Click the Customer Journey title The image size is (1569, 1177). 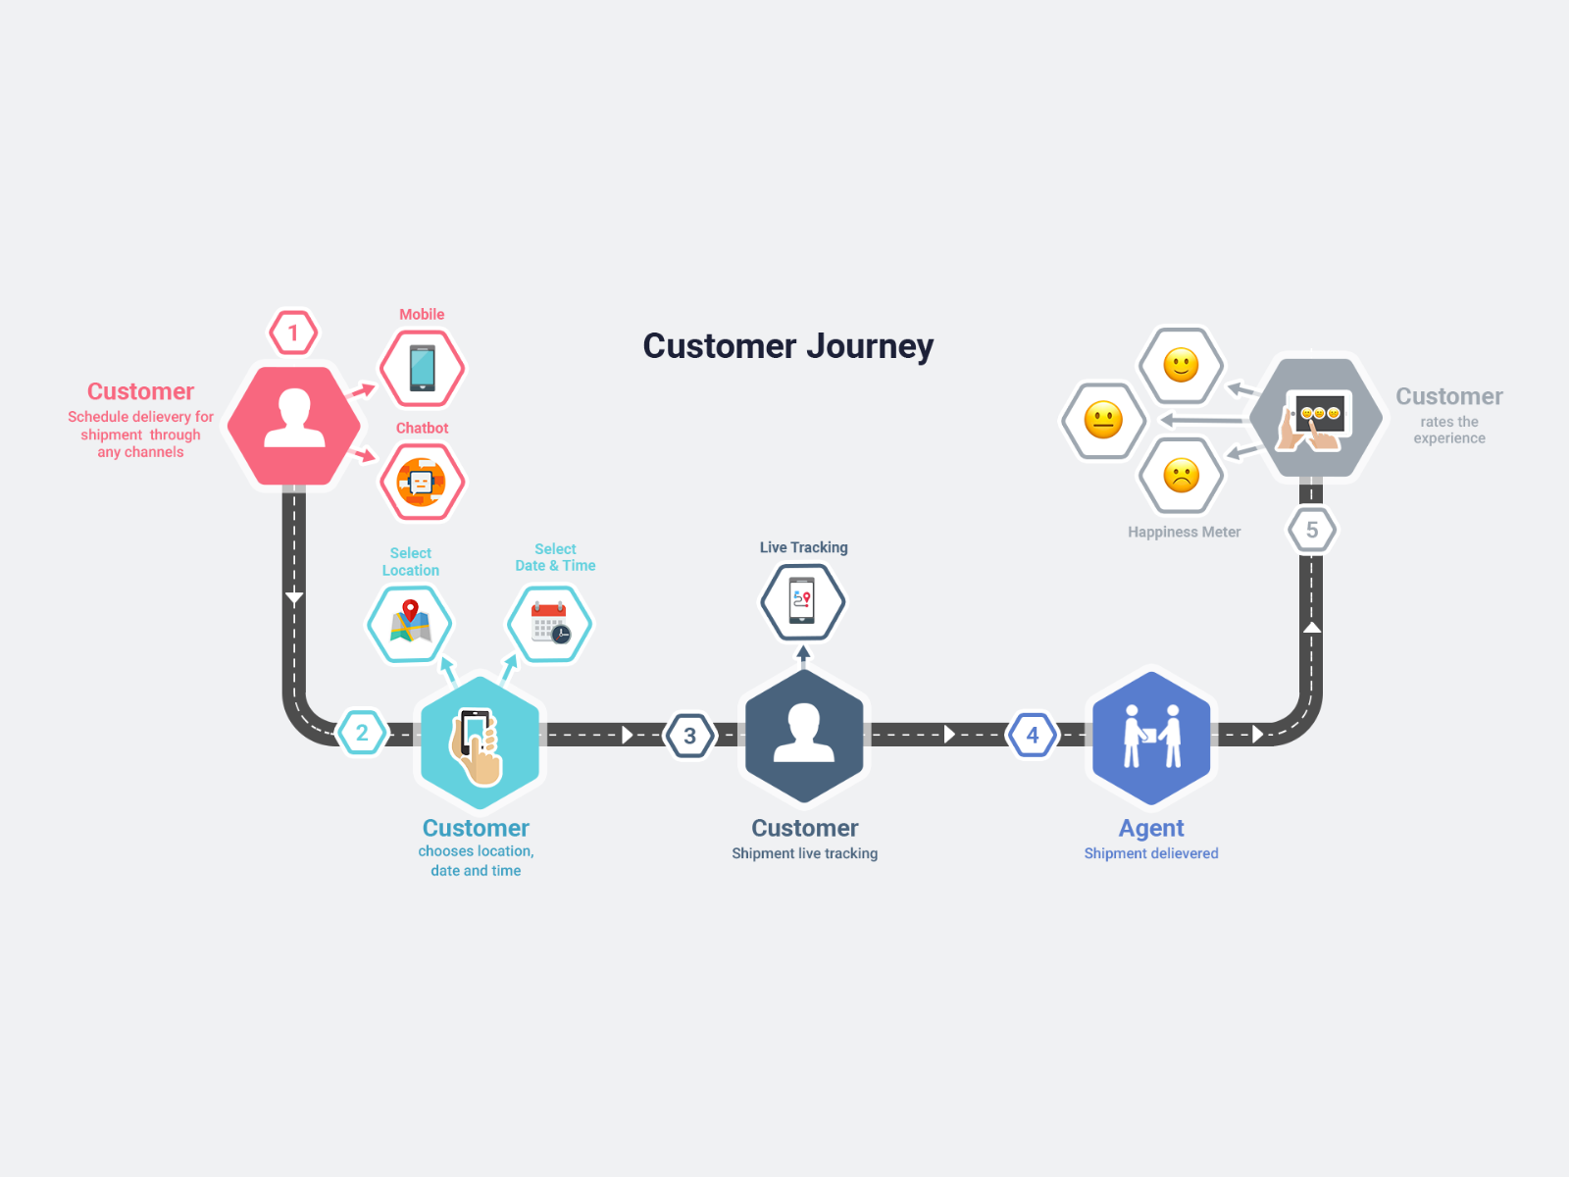787,346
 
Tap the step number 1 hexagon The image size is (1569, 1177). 293,333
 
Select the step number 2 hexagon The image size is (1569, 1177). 362,733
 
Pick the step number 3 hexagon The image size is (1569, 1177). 689,736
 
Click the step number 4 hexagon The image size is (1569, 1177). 1032,735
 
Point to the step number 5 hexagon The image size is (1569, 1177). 1311,531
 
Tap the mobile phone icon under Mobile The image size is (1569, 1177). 423,369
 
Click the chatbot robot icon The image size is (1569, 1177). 422,482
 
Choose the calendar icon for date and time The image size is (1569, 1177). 549,624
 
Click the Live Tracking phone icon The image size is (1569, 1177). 802,600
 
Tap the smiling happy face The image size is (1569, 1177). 1181,366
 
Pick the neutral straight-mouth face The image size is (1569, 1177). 1103,421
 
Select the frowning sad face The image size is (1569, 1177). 1181,477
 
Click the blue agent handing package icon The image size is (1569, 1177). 1151,737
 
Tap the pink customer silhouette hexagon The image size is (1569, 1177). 294,425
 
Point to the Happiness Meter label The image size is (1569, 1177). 1184,532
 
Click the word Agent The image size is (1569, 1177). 1151,829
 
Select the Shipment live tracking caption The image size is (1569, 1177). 804,853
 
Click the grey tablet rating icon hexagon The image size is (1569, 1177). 1316,419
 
